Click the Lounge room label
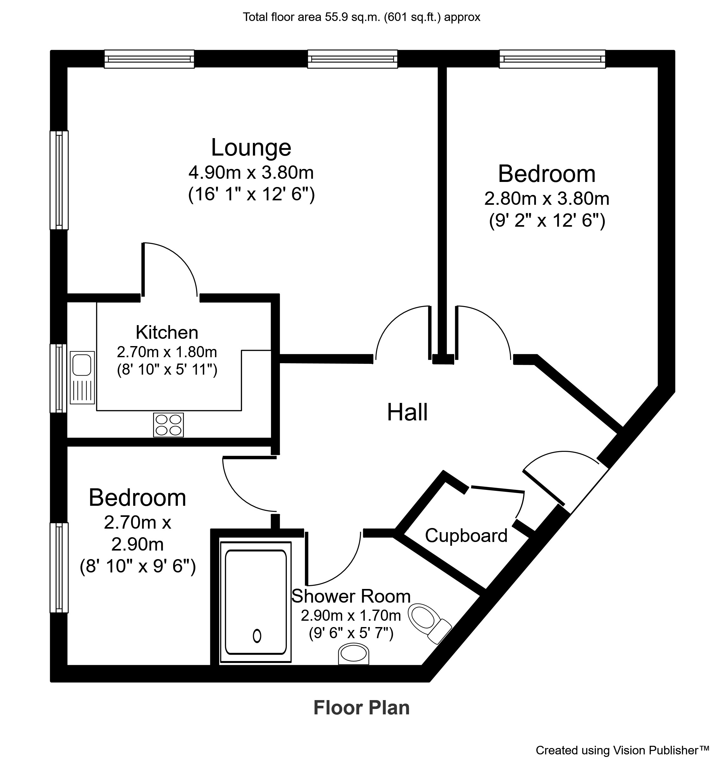[251, 148]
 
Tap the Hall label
[407, 412]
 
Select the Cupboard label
[466, 536]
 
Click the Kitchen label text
[167, 332]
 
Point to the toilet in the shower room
[430, 623]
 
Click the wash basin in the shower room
[354, 654]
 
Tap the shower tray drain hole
[257, 636]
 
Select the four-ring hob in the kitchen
[168, 425]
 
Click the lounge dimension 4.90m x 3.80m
[251, 173]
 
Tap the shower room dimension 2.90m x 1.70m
[351, 616]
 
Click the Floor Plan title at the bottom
[361, 708]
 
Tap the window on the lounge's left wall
[59, 180]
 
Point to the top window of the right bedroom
[552, 59]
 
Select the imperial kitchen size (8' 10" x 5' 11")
[167, 370]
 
